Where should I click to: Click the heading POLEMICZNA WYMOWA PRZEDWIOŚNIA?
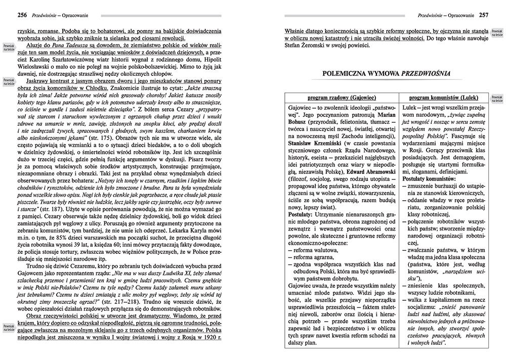pyautogui.click(x=385, y=74)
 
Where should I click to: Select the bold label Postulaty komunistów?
pyautogui.click(x=430, y=178)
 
